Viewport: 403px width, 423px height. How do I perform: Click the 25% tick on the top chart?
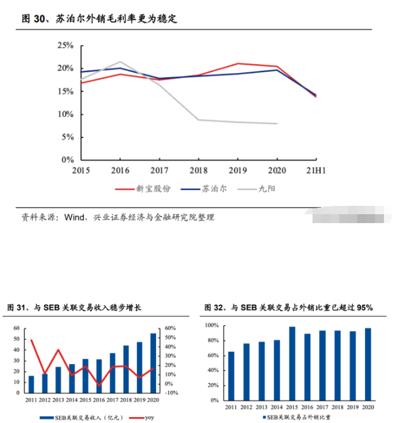65,45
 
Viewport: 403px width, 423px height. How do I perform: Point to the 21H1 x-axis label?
315,171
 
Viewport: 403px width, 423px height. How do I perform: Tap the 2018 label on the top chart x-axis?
198,171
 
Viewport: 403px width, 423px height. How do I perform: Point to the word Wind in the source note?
75,217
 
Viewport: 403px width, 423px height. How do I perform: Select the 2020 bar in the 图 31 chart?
153,363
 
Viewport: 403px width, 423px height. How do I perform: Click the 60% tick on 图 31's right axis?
170,328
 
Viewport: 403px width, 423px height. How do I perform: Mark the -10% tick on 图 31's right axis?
171,393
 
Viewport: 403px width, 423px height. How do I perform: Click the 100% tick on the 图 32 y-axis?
212,325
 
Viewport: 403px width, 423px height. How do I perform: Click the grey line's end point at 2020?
277,124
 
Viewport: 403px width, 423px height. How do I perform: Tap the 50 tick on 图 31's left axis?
16,339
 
